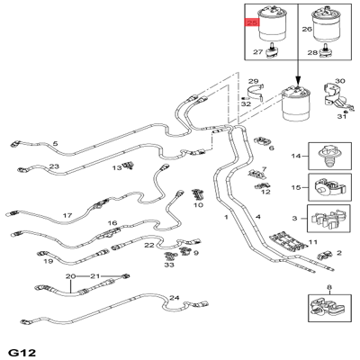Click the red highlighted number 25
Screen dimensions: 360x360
tap(251, 22)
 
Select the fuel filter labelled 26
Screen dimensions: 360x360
tap(325, 25)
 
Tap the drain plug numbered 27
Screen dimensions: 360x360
tap(272, 50)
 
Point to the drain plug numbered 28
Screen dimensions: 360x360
tap(325, 51)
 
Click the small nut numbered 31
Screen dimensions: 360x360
tap(346, 112)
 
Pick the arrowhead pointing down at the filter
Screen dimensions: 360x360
tap(298, 81)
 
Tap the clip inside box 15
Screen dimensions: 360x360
tap(329, 187)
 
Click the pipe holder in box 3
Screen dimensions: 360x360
tap(328, 219)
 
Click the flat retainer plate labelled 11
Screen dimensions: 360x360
tap(288, 241)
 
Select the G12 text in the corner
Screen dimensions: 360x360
tap(22, 353)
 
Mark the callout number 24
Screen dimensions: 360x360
tap(175, 298)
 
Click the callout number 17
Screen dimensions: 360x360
tap(67, 215)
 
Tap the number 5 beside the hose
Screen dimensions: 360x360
tap(55, 144)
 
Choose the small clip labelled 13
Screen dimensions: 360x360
tap(129, 165)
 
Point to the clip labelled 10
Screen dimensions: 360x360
tap(197, 194)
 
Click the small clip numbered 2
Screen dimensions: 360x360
tap(325, 255)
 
